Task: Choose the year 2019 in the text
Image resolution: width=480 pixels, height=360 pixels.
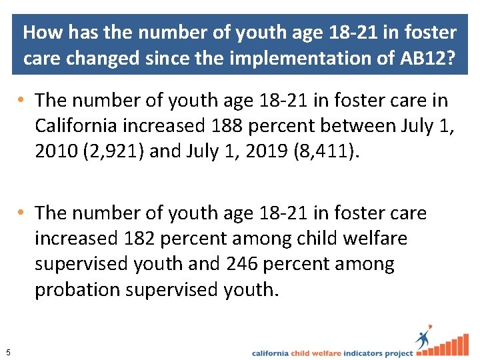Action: (256, 151)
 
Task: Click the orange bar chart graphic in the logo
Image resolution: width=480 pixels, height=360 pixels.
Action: (453, 345)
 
